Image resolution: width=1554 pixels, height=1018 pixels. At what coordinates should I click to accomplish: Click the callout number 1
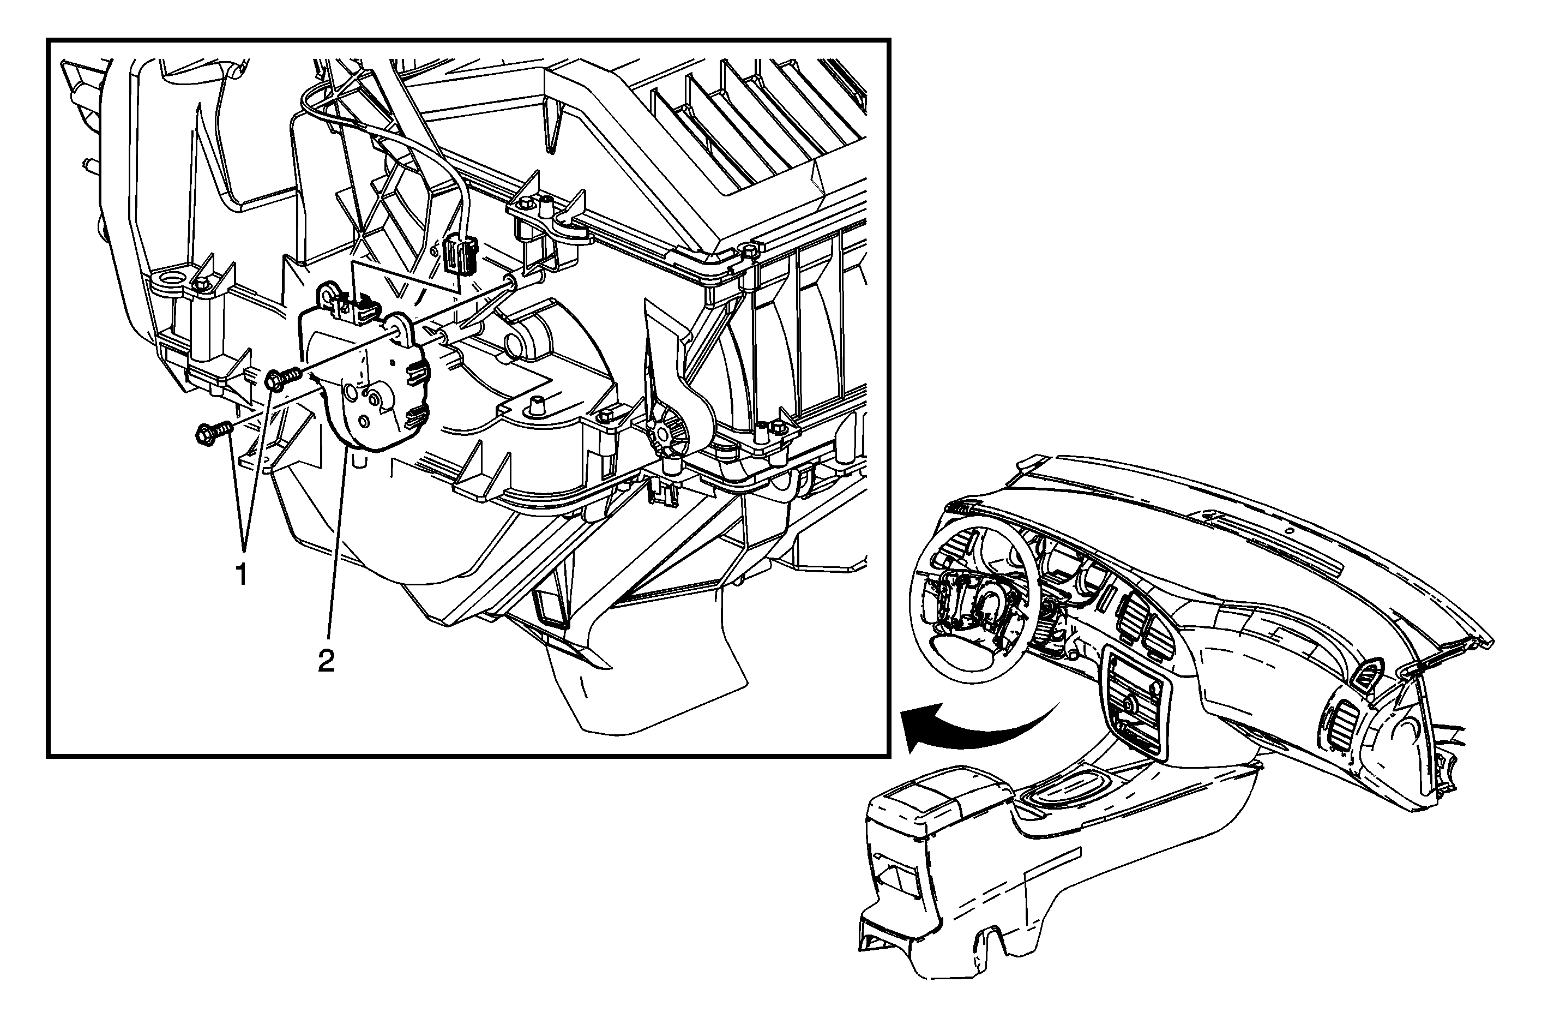[242, 574]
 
